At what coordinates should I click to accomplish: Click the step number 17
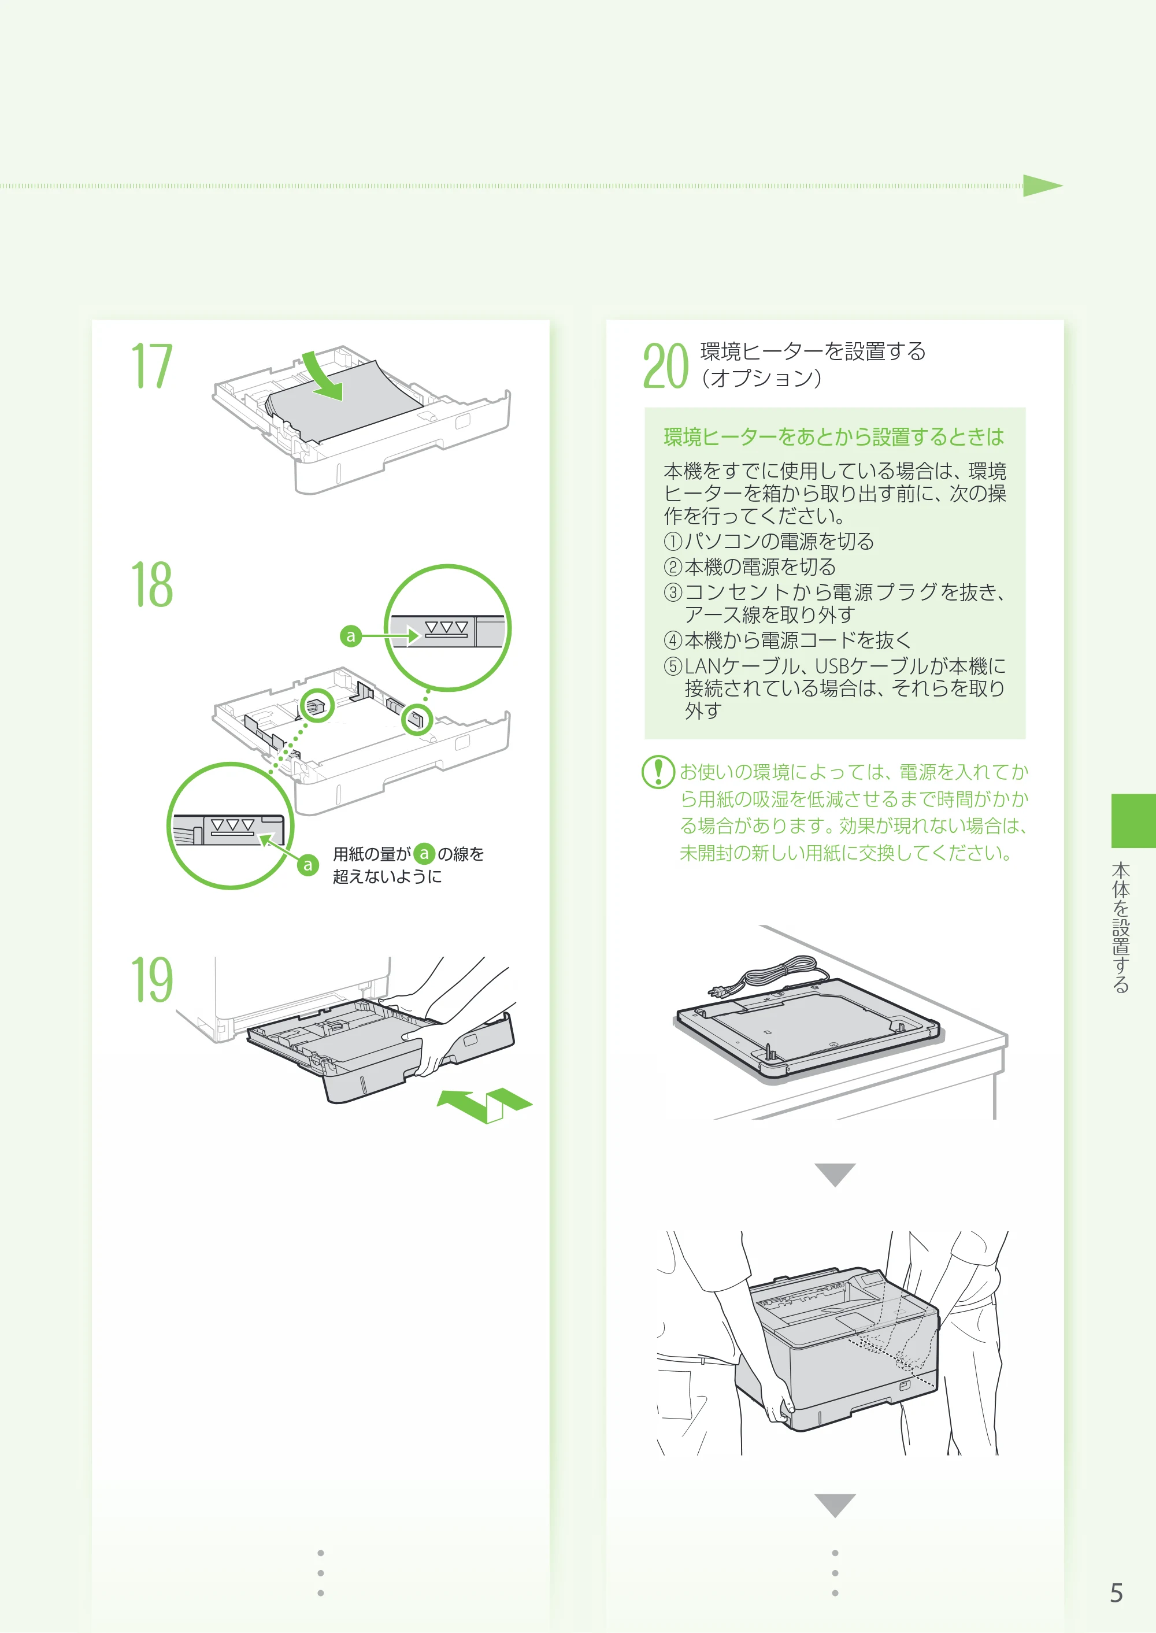[x=151, y=366]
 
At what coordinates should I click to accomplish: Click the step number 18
[x=151, y=584]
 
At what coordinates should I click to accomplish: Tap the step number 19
[x=151, y=980]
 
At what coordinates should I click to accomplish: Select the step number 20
[x=665, y=366]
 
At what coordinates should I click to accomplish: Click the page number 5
[x=1116, y=1593]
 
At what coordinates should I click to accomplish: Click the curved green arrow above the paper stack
[x=324, y=375]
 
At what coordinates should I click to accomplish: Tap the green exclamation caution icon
[x=658, y=772]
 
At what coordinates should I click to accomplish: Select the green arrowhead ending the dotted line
[x=1043, y=186]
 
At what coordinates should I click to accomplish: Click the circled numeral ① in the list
[x=673, y=542]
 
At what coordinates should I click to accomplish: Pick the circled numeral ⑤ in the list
[x=673, y=666]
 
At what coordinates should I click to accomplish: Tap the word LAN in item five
[x=703, y=666]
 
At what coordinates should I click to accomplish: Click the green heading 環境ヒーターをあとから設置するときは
[x=833, y=436]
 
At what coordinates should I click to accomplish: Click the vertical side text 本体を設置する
[x=1121, y=928]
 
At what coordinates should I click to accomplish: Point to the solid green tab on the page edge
[x=1133, y=821]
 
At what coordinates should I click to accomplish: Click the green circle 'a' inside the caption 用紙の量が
[x=424, y=854]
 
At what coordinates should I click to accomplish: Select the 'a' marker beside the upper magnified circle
[x=350, y=636]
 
